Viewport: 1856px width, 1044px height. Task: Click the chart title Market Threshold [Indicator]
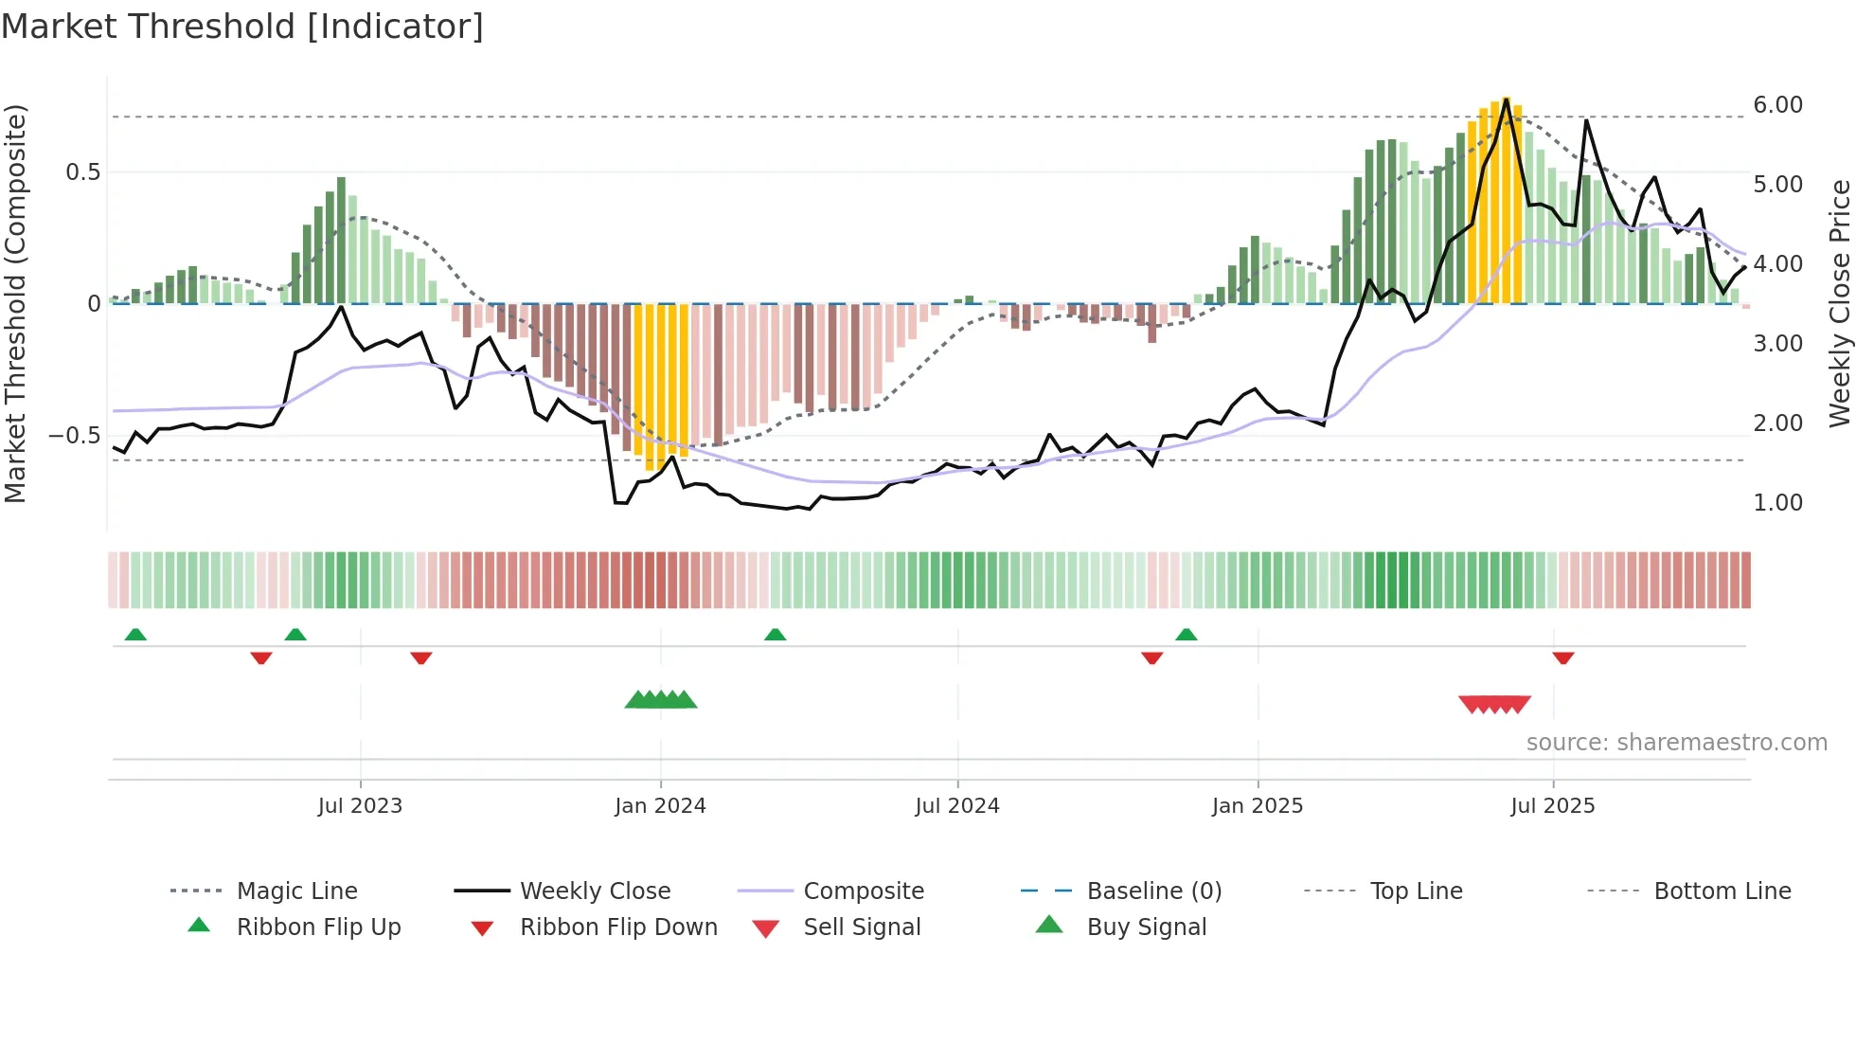[x=242, y=27]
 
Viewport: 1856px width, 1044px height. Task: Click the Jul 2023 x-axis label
[x=360, y=806]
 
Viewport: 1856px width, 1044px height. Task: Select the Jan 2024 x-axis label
[x=660, y=806]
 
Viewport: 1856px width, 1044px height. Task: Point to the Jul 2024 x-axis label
[x=957, y=806]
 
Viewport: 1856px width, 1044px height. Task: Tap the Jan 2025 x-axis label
[x=1258, y=806]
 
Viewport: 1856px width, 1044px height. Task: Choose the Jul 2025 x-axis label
[x=1553, y=806]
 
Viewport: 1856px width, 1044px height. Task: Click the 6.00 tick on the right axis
[x=1777, y=105]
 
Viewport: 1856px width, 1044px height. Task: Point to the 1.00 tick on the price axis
[x=1777, y=503]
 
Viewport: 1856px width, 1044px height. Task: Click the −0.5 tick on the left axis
[x=74, y=436]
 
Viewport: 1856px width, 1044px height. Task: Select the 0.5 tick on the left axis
[x=82, y=172]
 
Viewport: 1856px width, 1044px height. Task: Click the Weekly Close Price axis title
[x=1839, y=303]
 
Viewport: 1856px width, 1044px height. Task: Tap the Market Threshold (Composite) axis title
[x=15, y=303]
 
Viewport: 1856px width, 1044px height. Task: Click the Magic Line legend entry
[x=296, y=891]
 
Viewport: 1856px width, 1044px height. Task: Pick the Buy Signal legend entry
[x=1146, y=927]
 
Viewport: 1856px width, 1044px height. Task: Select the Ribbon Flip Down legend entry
[x=618, y=927]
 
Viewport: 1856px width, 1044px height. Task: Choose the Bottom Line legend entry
[x=1722, y=891]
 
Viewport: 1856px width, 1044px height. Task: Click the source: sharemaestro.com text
[x=1676, y=743]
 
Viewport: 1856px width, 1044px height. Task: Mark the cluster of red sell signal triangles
[x=1494, y=704]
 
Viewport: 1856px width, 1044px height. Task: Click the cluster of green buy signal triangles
[x=661, y=700]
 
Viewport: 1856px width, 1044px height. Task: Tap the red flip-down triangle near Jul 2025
[x=1563, y=657]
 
